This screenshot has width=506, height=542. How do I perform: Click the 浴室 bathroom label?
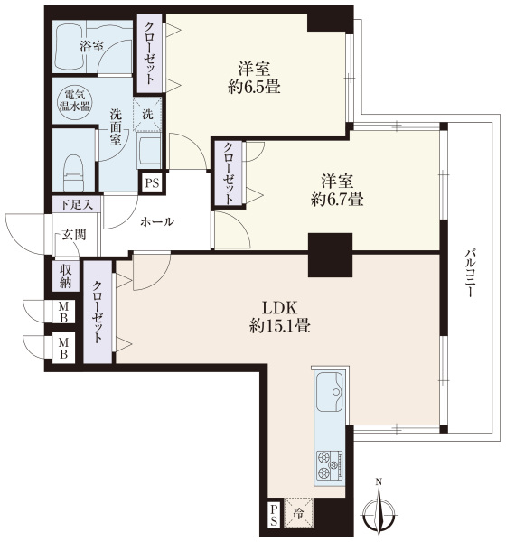click(x=91, y=47)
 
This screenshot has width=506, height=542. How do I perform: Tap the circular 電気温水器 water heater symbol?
click(x=74, y=101)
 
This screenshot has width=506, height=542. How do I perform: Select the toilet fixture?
click(x=74, y=173)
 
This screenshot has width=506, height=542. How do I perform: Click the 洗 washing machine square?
click(x=147, y=114)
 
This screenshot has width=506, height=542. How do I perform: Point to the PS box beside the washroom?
click(x=152, y=182)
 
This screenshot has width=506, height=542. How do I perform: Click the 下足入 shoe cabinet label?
click(x=77, y=205)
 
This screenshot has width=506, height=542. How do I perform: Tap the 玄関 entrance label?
click(x=74, y=235)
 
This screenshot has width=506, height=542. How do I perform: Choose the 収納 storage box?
click(x=65, y=276)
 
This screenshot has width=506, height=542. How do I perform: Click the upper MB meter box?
click(x=63, y=312)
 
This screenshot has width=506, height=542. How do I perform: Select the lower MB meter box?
click(x=63, y=349)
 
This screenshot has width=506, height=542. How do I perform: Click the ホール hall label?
click(x=157, y=222)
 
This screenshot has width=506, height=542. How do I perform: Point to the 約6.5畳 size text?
click(x=254, y=87)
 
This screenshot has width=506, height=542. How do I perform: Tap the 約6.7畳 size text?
click(x=337, y=200)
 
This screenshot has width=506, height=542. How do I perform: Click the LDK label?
click(x=279, y=307)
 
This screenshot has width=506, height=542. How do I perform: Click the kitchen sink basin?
click(x=330, y=392)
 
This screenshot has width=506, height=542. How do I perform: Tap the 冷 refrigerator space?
click(x=298, y=513)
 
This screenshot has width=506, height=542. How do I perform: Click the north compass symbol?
click(x=379, y=508)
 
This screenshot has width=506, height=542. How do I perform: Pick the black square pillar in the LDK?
click(x=331, y=255)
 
